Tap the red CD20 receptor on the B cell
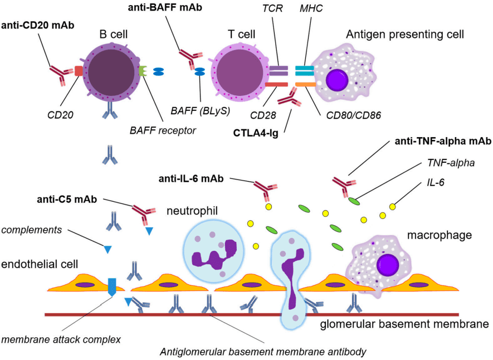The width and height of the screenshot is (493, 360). click(x=79, y=71)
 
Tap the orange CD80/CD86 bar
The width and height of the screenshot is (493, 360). click(x=305, y=84)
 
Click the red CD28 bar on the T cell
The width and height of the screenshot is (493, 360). click(x=276, y=84)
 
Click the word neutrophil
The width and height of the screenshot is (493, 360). click(x=191, y=211)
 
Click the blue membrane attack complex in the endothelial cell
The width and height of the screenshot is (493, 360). click(x=112, y=285)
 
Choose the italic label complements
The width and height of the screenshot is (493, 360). click(x=32, y=229)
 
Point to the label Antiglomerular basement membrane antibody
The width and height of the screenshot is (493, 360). click(x=262, y=351)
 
